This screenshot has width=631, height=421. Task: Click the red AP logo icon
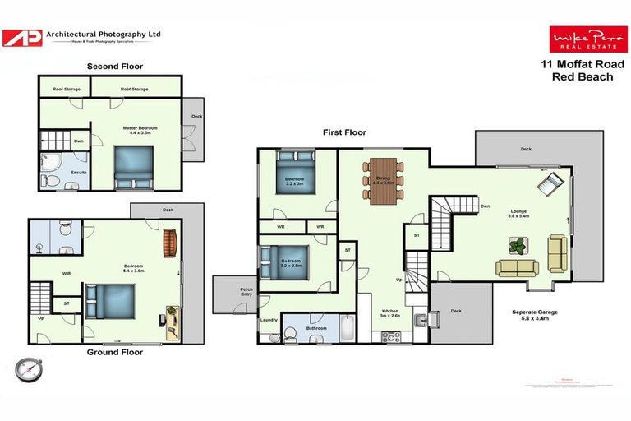(x=23, y=38)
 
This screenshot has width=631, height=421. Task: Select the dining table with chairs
(x=383, y=181)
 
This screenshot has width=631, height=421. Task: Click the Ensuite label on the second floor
(x=79, y=173)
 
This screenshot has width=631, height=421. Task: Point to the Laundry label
(x=269, y=320)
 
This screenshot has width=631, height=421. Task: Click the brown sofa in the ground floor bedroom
(x=169, y=243)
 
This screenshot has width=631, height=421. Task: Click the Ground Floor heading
(x=115, y=352)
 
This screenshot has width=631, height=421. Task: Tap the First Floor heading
(x=343, y=132)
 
